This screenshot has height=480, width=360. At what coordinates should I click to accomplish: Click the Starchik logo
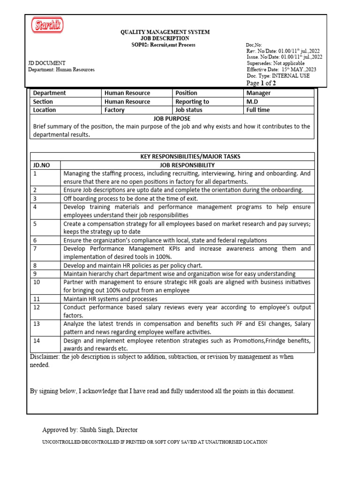pos(47,26)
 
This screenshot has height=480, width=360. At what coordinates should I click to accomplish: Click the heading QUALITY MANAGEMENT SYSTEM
pos(165,32)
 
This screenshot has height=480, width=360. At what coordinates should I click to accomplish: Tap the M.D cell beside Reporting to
pos(252,101)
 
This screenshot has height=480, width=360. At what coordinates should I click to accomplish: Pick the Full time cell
pos(258,110)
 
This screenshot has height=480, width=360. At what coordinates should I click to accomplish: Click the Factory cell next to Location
pos(114,110)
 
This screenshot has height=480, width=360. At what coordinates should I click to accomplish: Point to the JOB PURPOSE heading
pos(172,119)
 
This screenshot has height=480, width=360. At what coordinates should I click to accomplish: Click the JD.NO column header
pos(41,165)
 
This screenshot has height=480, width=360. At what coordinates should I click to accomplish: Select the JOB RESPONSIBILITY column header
pos(187,165)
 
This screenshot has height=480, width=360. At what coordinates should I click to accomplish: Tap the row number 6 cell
pos(35,240)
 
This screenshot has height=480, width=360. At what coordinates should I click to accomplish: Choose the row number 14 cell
pos(37,340)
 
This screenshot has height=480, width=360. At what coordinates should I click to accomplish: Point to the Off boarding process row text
pos(131,198)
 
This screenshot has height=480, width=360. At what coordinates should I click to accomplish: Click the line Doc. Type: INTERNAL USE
pos(278,75)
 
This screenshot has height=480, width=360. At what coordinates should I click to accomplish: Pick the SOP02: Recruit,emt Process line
pos(163,45)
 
